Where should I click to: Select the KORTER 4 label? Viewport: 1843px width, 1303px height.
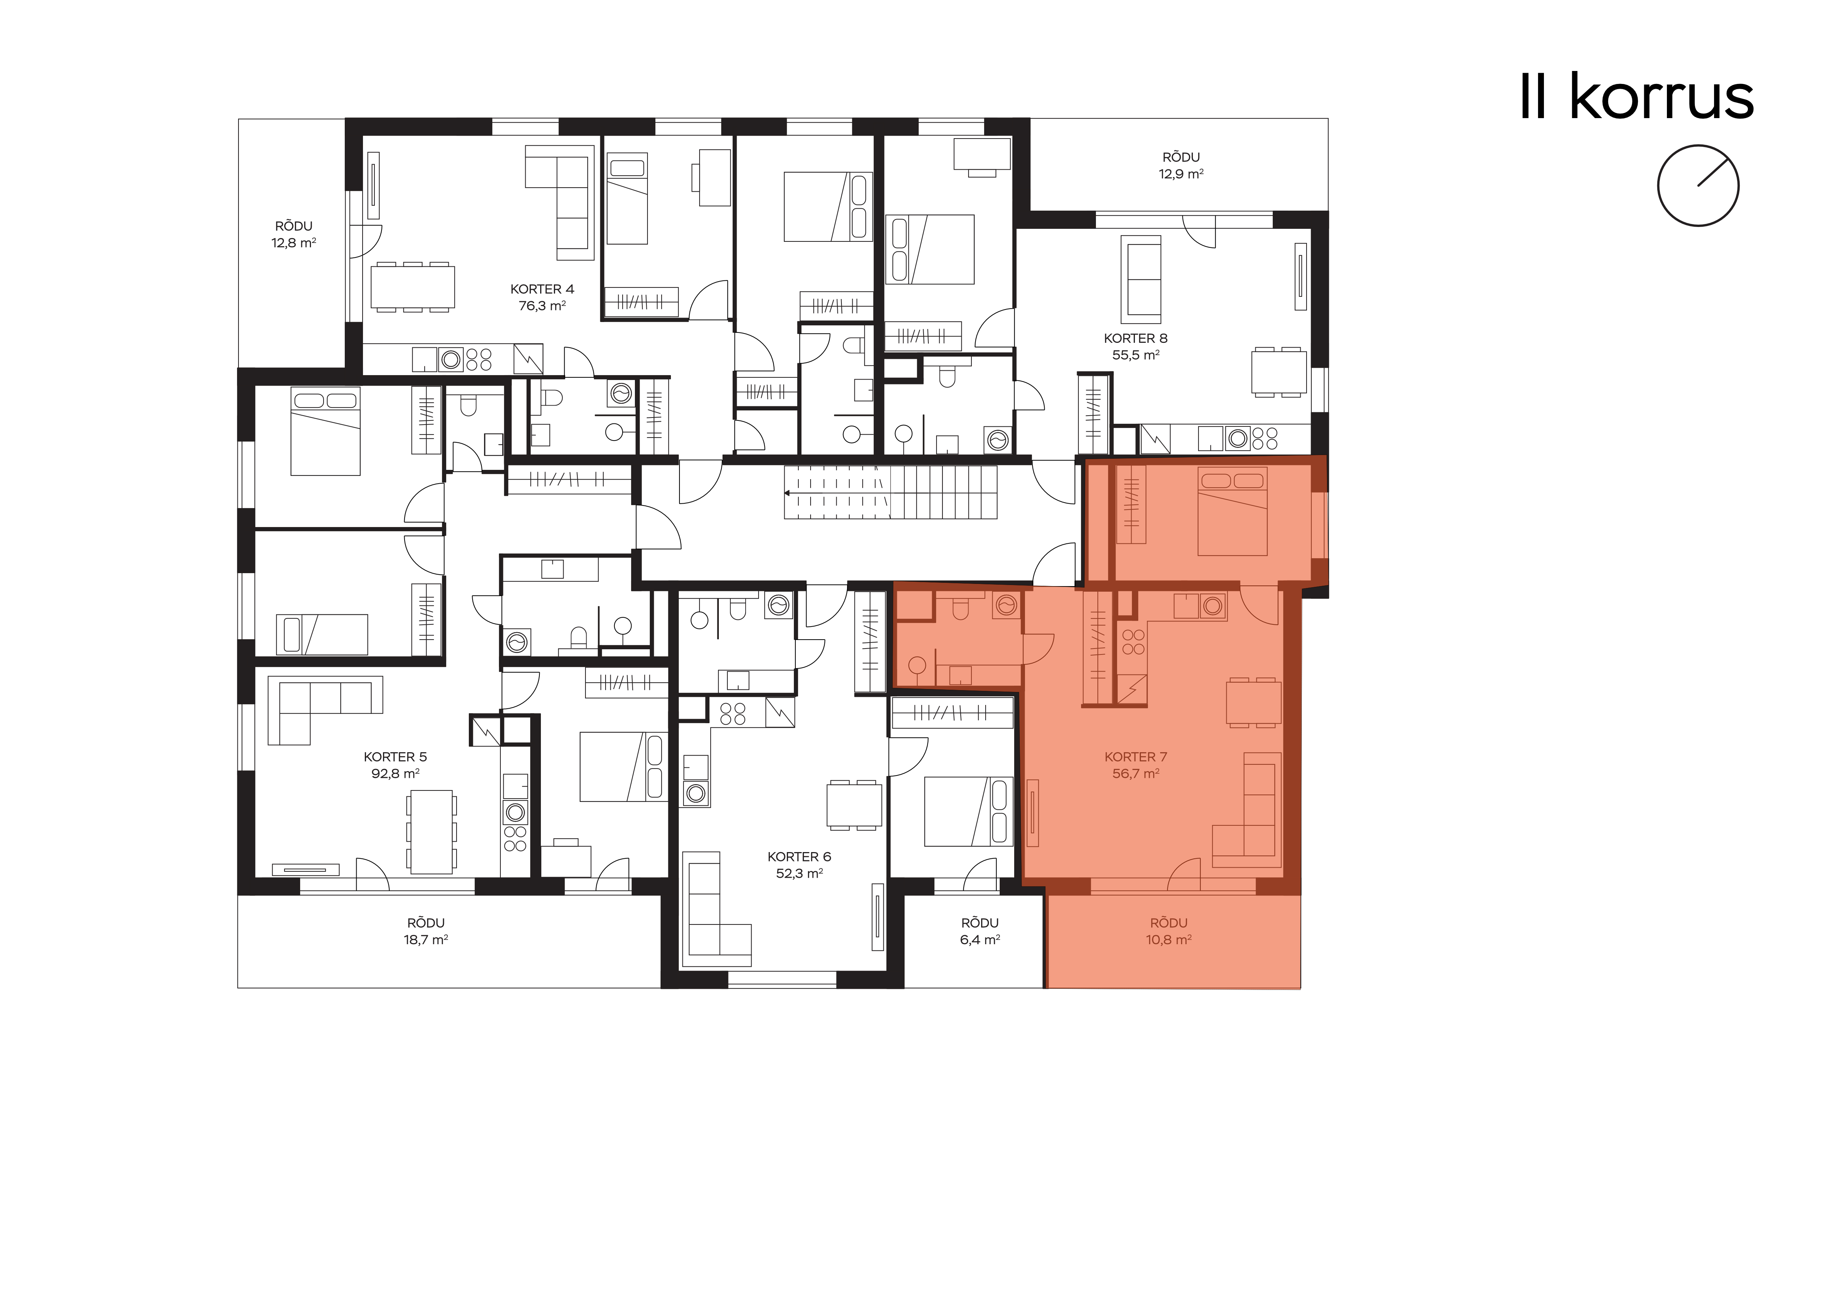[543, 289]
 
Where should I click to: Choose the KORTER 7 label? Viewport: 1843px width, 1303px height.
[1136, 757]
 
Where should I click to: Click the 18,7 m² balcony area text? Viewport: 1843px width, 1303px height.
[425, 939]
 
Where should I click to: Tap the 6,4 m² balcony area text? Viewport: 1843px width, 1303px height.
[980, 939]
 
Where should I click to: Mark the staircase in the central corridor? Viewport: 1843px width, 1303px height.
[890, 492]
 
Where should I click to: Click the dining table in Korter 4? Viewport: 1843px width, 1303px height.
[413, 286]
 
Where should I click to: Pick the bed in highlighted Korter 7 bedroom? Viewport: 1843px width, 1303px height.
[1232, 511]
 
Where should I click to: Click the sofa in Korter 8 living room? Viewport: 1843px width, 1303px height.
[1140, 279]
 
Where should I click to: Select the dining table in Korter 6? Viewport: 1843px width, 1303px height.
[854, 805]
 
